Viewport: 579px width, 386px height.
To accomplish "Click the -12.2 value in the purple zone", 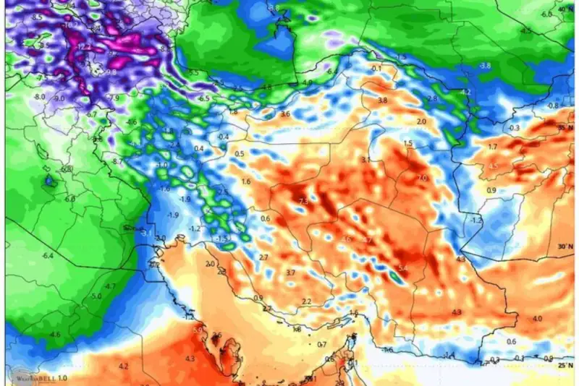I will [84, 46].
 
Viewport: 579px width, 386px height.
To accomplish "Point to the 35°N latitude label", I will [565, 127].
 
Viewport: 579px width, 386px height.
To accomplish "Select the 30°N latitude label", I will [565, 246].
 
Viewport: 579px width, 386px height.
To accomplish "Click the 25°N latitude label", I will [565, 366].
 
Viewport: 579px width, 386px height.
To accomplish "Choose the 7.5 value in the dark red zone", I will [303, 202].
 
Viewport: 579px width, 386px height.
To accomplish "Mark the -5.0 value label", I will [96, 297].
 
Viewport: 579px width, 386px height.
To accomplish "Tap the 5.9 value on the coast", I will [197, 331].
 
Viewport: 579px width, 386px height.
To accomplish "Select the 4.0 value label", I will [537, 319].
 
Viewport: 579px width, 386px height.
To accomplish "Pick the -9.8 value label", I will [111, 72].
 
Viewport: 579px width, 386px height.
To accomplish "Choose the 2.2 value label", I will [306, 301].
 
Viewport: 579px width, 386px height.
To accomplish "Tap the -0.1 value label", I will [376, 69].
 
